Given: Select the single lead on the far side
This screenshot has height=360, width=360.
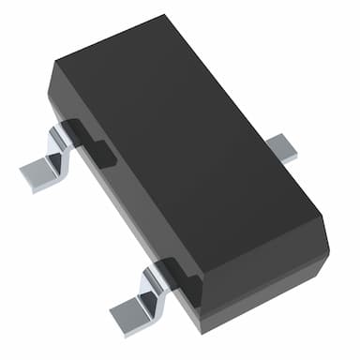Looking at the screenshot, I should pos(281,147).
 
